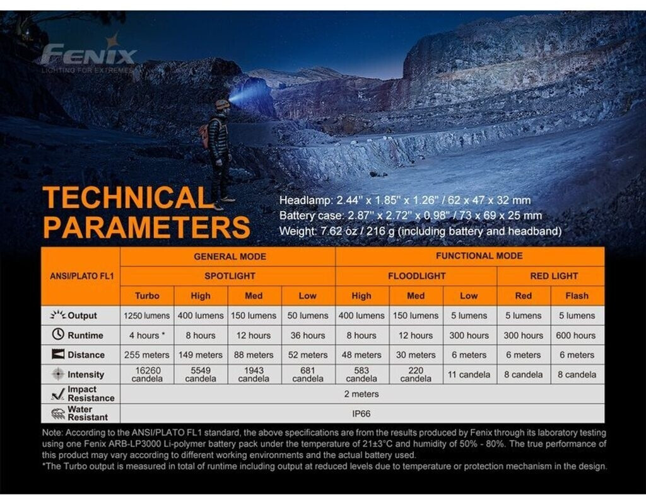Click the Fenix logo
[x=88, y=55]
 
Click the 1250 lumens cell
[x=147, y=315]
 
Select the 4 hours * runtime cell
[x=147, y=335]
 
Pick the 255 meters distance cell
[x=147, y=355]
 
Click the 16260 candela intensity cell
[x=147, y=374]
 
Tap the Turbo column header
[x=147, y=295]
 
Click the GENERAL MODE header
[x=230, y=256]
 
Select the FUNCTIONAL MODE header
[x=479, y=256]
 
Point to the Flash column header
[x=577, y=295]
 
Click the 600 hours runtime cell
[x=576, y=335]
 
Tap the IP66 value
[x=361, y=414]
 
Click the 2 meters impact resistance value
[x=361, y=394]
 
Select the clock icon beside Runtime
[x=58, y=335]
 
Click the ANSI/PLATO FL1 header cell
[x=81, y=276]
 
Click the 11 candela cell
[x=469, y=374]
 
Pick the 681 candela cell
[x=308, y=374]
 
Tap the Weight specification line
[x=420, y=231]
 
